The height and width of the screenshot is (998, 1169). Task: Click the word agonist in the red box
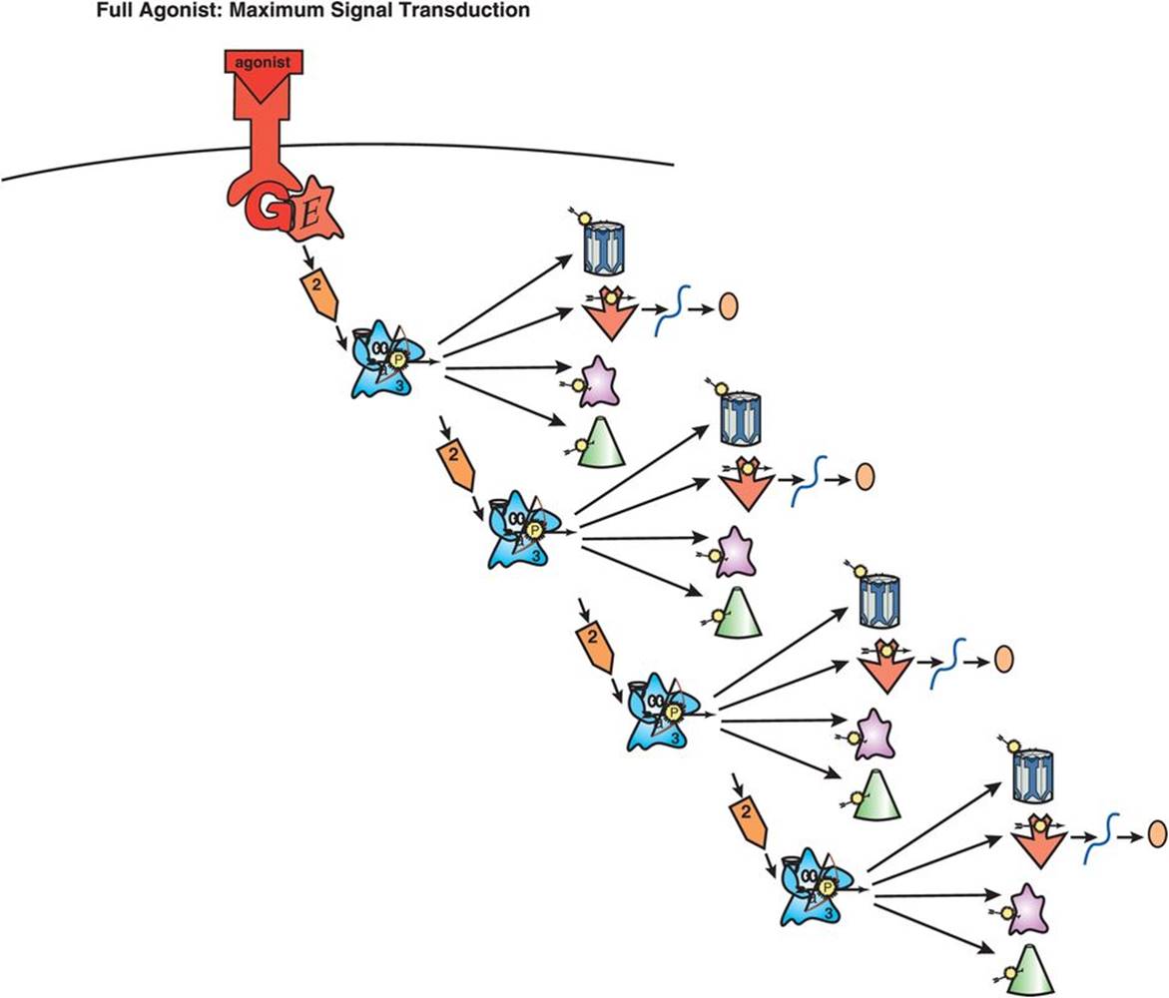click(263, 62)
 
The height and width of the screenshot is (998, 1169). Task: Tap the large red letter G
click(265, 213)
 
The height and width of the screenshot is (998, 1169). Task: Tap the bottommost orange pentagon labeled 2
click(748, 820)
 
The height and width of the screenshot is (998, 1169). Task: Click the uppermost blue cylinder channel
click(603, 247)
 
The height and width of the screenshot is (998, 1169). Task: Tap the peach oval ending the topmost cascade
click(728, 305)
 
